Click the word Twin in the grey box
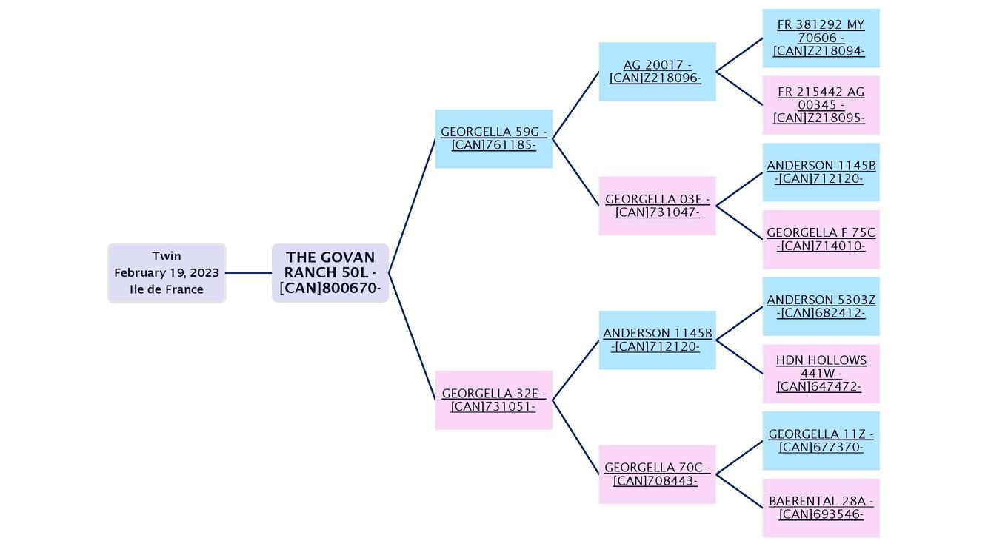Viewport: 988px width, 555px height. pyautogui.click(x=166, y=256)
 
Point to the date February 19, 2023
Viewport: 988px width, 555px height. pyautogui.click(x=166, y=273)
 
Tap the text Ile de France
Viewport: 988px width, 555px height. pyautogui.click(x=166, y=289)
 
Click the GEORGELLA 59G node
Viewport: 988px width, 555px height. pyautogui.click(x=493, y=138)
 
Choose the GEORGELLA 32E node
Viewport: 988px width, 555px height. pyautogui.click(x=493, y=400)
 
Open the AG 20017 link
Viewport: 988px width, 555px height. pyautogui.click(x=657, y=71)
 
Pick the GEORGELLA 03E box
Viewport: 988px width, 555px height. pyautogui.click(x=657, y=206)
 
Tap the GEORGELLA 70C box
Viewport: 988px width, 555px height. pyautogui.click(x=657, y=474)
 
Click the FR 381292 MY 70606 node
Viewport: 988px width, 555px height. pyautogui.click(x=821, y=38)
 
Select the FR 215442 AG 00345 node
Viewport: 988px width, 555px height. pyautogui.click(x=821, y=105)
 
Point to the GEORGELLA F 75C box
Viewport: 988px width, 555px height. pyautogui.click(x=821, y=239)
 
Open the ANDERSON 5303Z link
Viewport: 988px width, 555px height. pyautogui.click(x=821, y=306)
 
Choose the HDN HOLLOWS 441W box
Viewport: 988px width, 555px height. pyautogui.click(x=821, y=374)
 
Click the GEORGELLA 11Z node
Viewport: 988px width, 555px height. pyautogui.click(x=821, y=441)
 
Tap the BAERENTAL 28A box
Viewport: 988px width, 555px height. pyautogui.click(x=821, y=508)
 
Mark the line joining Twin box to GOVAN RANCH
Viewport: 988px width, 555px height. pyautogui.click(x=248, y=273)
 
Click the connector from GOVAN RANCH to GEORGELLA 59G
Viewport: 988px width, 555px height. pyautogui.click(x=412, y=206)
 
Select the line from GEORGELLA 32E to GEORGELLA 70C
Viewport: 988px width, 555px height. pyautogui.click(x=575, y=437)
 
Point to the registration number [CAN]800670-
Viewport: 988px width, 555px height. pyautogui.click(x=330, y=289)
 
